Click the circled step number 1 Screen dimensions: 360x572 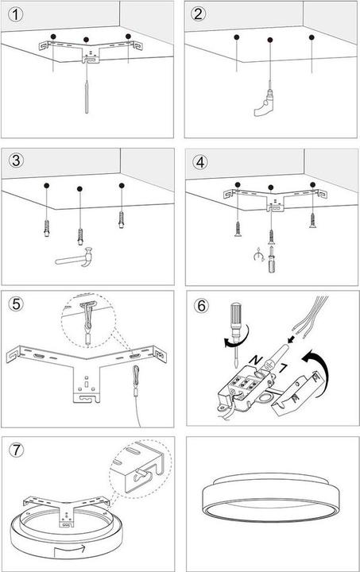(15, 15)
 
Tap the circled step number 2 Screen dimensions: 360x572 (198, 14)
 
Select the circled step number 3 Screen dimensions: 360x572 (16, 160)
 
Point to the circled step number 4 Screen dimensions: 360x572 (200, 162)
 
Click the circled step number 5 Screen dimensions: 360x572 (16, 304)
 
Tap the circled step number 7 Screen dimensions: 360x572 (16, 450)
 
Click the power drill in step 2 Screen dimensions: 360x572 (264, 103)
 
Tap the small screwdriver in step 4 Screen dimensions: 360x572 (271, 259)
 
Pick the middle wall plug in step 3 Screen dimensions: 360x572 (80, 237)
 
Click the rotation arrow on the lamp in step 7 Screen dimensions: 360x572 (69, 549)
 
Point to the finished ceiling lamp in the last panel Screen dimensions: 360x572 (271, 497)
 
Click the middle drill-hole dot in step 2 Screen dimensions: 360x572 (270, 40)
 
